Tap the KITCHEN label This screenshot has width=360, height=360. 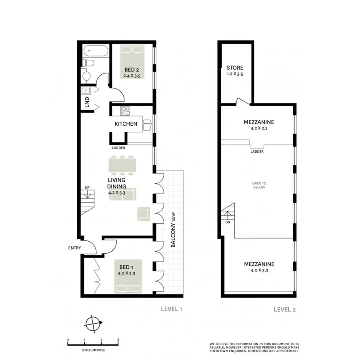click(x=126, y=124)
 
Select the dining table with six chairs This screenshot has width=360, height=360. click(x=122, y=165)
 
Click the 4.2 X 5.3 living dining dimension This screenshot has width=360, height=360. click(x=117, y=193)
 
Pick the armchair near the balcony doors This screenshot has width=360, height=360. click(x=144, y=213)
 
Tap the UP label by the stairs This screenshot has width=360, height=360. click(x=86, y=187)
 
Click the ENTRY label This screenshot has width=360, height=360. click(x=74, y=248)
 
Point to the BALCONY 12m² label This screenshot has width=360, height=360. click(x=174, y=234)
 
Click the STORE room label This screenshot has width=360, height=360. click(x=235, y=68)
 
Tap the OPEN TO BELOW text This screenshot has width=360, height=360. click(x=259, y=185)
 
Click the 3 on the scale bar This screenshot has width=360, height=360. click(x=118, y=340)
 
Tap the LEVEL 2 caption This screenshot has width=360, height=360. click(x=284, y=309)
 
